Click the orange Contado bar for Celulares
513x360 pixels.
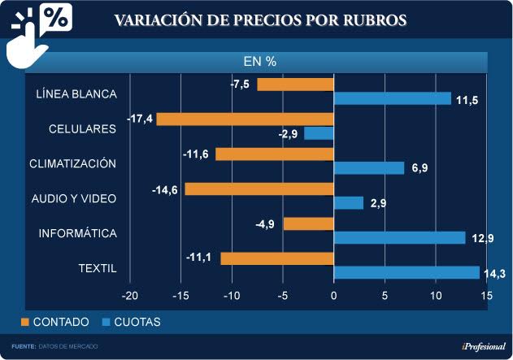(245, 119)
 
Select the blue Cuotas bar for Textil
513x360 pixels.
(406, 272)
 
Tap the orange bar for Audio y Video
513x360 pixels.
(259, 189)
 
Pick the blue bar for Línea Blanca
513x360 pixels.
(392, 98)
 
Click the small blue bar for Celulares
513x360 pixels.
(319, 133)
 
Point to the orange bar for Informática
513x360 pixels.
(308, 223)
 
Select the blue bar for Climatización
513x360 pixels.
(369, 168)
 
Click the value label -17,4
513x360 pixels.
(139, 119)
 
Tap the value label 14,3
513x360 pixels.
(494, 274)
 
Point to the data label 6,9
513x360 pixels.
(420, 169)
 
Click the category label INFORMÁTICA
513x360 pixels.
(78, 233)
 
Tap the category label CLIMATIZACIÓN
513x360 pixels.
(73, 163)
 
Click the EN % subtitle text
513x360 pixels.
(260, 61)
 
